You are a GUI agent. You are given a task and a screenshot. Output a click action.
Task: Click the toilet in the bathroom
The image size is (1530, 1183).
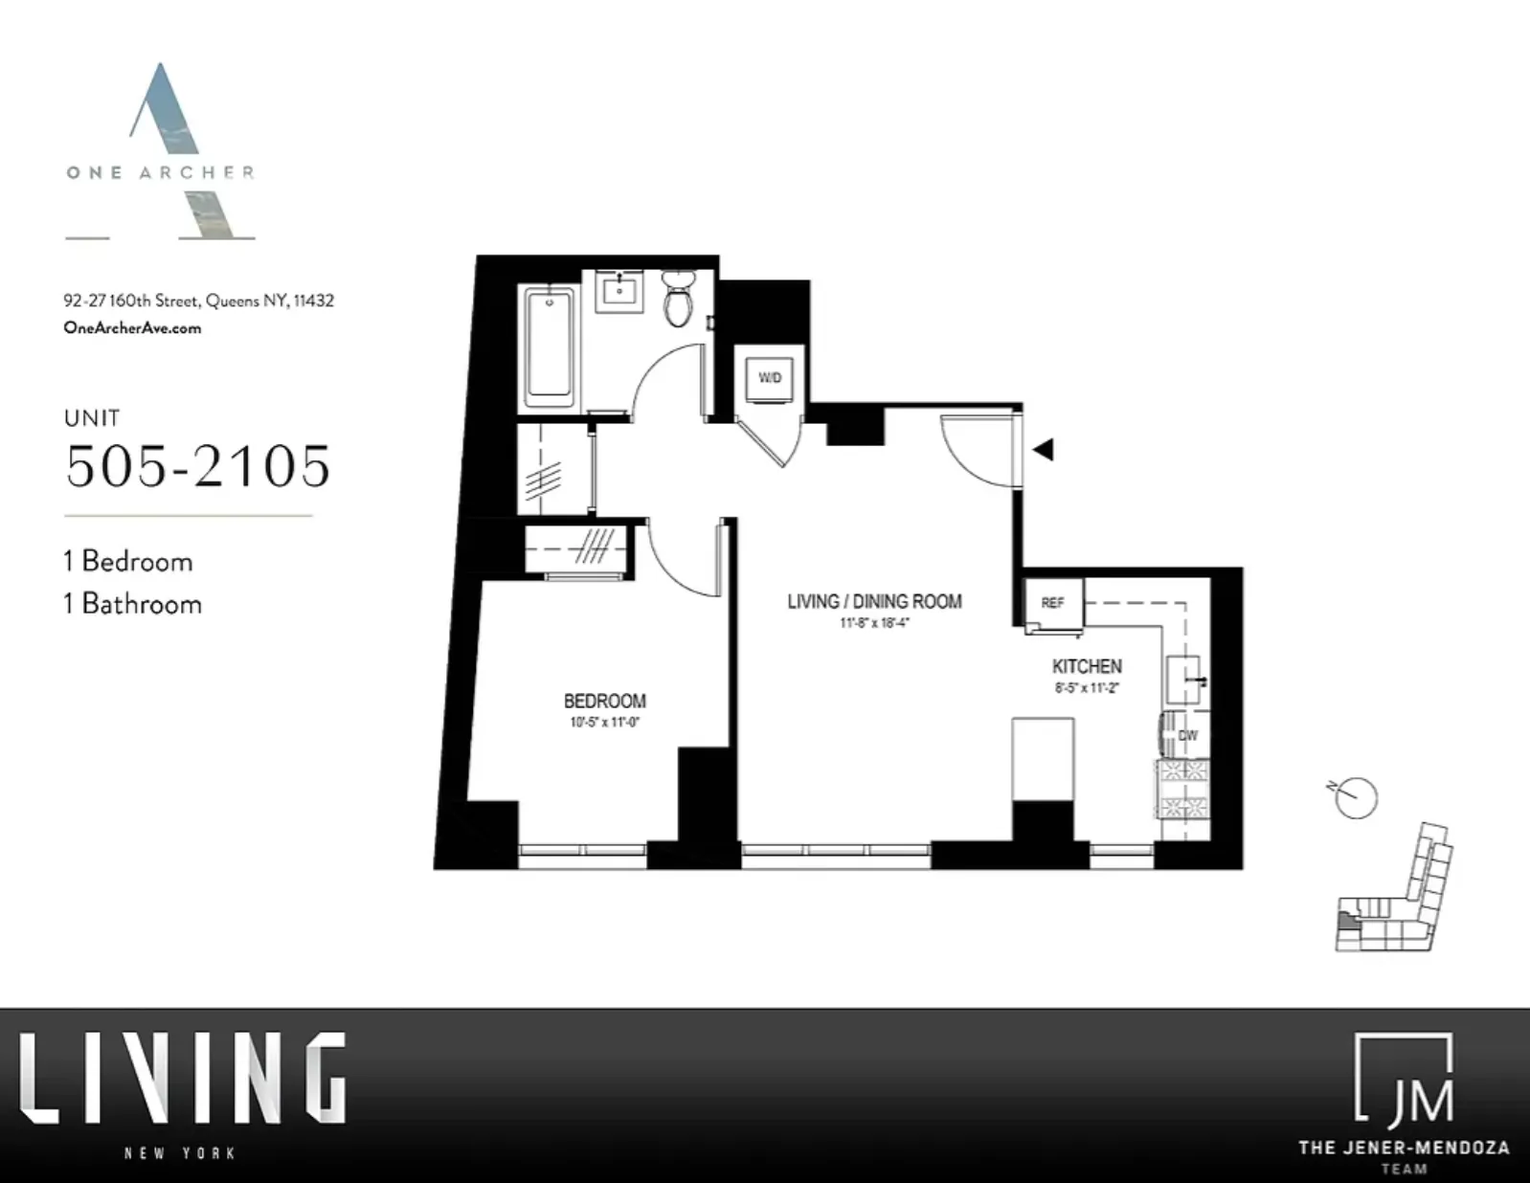(x=678, y=300)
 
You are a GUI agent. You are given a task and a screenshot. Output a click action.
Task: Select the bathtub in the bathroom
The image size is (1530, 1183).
(x=550, y=342)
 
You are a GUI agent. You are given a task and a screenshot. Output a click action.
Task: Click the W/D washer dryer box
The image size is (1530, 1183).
(x=769, y=377)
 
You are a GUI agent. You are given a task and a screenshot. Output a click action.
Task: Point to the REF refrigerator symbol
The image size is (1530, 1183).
(x=1053, y=603)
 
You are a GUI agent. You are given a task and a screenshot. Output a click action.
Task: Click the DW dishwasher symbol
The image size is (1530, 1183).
(x=1185, y=735)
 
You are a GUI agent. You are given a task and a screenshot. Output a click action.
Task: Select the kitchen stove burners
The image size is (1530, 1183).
(x=1184, y=788)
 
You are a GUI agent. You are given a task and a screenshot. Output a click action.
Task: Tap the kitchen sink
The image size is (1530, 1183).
(x=1184, y=681)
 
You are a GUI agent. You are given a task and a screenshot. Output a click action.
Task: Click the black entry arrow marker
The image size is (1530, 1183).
(x=1043, y=449)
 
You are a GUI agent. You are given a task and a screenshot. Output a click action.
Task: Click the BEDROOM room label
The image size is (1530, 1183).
(x=604, y=702)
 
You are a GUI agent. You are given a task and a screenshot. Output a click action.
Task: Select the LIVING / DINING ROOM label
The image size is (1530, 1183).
(x=874, y=601)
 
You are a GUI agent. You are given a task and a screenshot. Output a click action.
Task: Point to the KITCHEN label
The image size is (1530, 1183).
(x=1087, y=666)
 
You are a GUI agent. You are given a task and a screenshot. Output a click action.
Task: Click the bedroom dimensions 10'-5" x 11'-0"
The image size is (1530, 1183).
(x=604, y=723)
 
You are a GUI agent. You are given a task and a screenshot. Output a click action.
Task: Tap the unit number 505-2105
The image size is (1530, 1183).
(x=198, y=466)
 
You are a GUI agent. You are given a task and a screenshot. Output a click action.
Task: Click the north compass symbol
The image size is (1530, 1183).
(x=1355, y=797)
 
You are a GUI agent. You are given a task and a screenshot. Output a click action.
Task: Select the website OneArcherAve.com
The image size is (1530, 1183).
(x=132, y=327)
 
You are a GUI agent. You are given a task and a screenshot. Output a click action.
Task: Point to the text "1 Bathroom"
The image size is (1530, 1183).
(x=133, y=604)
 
